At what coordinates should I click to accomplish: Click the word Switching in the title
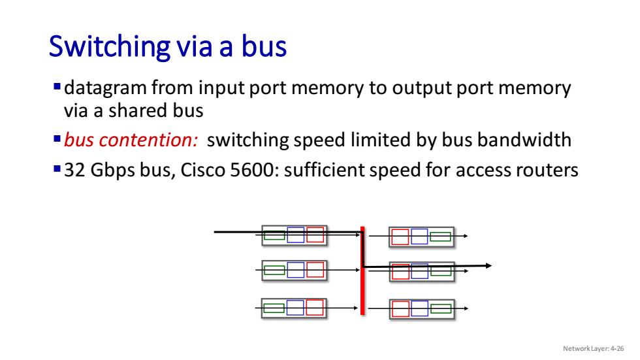coord(110,46)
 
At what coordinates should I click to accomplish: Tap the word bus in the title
coord(264,46)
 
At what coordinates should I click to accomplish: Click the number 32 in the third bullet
coord(74,170)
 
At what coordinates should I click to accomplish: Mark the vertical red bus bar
coord(362,271)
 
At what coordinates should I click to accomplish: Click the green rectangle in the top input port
coord(274,235)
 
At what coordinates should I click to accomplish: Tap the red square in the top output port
coord(400,237)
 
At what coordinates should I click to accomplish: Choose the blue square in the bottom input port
coord(295,308)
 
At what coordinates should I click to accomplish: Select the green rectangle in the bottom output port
coord(441,308)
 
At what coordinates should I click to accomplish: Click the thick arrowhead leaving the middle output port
coord(488,266)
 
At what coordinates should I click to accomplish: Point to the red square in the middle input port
coord(315,270)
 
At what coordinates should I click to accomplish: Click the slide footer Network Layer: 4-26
coord(594,349)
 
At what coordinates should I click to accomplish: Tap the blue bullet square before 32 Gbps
coord(57,169)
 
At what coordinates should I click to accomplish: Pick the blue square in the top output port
coord(419,237)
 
